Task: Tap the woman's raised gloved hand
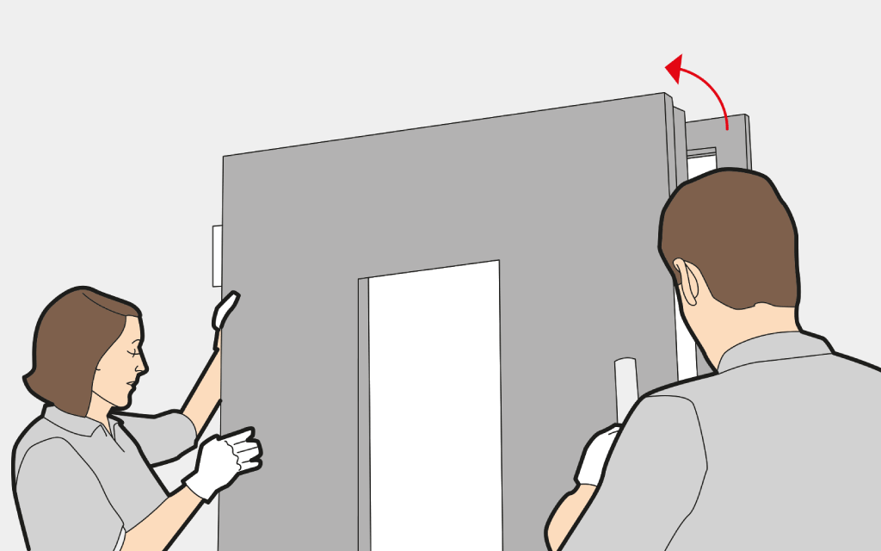tap(225, 312)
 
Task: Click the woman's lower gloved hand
tap(225, 459)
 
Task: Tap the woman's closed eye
tap(131, 352)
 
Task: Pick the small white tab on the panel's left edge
tap(217, 256)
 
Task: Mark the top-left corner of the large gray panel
tap(224, 158)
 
